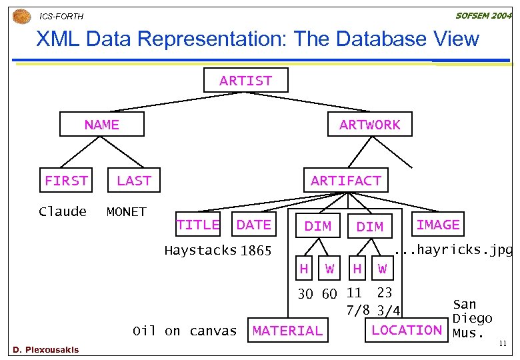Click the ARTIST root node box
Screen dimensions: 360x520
246,81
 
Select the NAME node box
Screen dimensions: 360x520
101,125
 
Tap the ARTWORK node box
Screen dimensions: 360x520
370,125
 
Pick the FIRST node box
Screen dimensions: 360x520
66,181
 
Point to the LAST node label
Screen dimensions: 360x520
134,181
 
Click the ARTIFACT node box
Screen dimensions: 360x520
345,181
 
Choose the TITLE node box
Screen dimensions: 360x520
198,225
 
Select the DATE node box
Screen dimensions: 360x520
254,225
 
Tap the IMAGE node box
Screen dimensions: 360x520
438,225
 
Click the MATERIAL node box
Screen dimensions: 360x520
287,331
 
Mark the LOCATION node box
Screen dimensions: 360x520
407,330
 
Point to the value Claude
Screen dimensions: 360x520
63,212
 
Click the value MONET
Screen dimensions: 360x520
127,212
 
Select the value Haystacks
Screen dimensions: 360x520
201,251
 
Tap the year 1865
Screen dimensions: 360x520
256,251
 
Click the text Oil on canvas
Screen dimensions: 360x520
185,331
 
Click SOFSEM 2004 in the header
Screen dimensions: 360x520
483,15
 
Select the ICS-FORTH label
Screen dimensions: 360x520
62,16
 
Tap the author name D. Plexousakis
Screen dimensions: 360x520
45,350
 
